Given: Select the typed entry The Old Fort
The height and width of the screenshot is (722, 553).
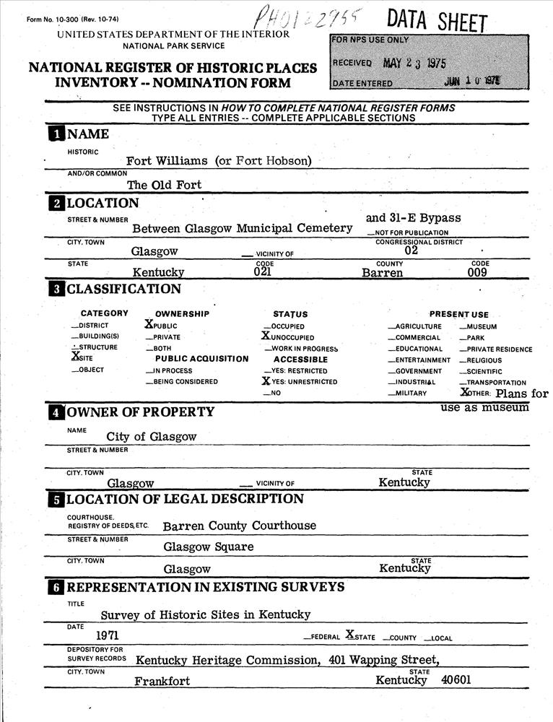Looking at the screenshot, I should [164, 184].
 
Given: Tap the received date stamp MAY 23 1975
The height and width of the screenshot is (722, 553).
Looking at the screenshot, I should [414, 63].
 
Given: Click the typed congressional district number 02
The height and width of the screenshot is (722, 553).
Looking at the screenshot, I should [412, 251].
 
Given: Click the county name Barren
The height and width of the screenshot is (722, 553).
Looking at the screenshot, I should [382, 273].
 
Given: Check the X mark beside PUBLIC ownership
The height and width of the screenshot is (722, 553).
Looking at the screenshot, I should [149, 325].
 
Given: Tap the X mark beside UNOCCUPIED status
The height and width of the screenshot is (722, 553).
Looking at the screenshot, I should [266, 336].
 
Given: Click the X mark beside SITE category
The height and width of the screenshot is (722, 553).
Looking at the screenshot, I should [76, 355].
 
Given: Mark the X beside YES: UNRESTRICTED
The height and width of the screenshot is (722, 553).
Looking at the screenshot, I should [266, 380].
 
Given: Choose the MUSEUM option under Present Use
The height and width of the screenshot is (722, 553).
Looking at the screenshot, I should [482, 326].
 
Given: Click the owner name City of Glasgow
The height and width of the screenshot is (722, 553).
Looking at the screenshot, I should [151, 436].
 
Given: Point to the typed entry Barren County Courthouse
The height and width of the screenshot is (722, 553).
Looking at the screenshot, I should [239, 526].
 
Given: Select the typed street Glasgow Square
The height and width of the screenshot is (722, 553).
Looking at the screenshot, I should [208, 547].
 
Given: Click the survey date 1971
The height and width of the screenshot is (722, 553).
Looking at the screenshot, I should [107, 635].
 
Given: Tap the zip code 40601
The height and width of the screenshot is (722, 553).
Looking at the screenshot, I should [456, 680].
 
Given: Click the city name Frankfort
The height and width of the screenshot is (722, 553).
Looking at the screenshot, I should [162, 681].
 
